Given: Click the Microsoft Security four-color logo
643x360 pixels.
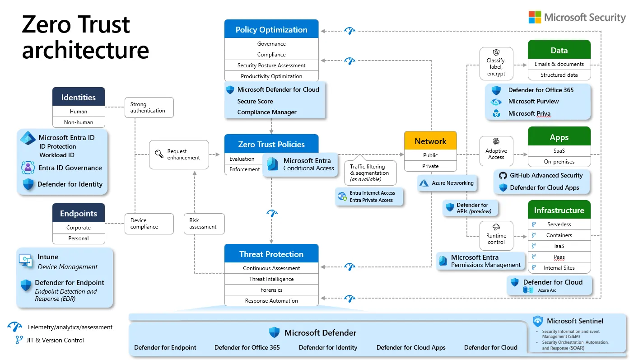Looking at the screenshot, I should click(535, 17).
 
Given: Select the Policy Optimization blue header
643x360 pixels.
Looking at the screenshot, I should click(271, 30).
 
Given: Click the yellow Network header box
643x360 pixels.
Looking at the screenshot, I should click(430, 141).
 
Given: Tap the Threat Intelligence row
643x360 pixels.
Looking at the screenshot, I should click(271, 279).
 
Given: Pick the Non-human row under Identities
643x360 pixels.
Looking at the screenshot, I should click(79, 122).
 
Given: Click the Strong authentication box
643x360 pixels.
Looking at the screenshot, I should click(149, 108).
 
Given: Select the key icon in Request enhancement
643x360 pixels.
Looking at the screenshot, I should click(159, 154).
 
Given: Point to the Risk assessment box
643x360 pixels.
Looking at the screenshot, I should click(203, 224).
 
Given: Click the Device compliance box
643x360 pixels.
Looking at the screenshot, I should click(149, 224).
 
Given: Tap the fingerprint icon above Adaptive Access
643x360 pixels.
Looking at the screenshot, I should click(496, 141).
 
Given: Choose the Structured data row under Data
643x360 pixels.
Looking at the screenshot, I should click(559, 75).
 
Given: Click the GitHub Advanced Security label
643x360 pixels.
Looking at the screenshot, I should click(546, 175).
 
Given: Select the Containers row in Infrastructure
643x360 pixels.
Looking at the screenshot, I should click(559, 235).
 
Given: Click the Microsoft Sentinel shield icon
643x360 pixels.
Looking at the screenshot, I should click(537, 321).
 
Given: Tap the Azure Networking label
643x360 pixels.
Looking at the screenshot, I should click(452, 183).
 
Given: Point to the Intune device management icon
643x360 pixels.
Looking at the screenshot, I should click(25, 261).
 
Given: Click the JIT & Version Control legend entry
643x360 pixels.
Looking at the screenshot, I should click(55, 340).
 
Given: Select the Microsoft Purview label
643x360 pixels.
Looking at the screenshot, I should click(533, 102).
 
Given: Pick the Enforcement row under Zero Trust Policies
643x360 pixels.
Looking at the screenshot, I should click(244, 169).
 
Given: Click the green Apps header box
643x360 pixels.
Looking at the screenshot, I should click(559, 137).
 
